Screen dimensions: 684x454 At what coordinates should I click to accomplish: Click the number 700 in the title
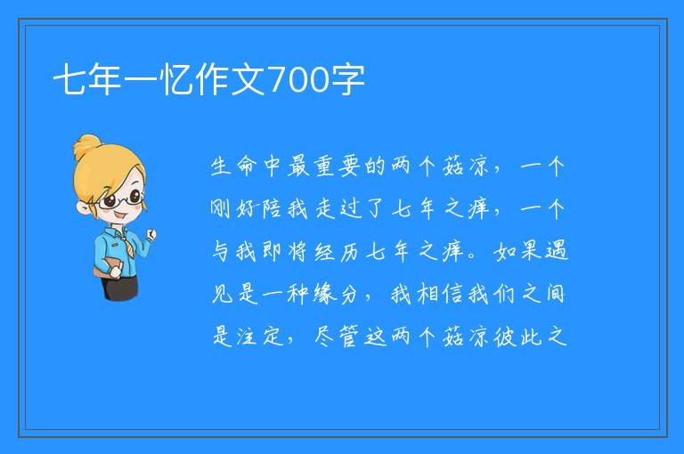[299, 80]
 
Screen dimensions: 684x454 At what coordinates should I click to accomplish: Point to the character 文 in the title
[248, 80]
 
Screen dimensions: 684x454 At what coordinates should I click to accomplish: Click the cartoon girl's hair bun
[87, 147]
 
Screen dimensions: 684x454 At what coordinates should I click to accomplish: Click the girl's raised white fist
[151, 234]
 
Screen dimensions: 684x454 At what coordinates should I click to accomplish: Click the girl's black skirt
[120, 288]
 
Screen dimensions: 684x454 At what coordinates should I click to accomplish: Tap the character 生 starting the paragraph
[221, 166]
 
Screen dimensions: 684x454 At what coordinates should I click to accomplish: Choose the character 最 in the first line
[299, 166]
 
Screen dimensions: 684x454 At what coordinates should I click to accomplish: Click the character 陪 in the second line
[273, 209]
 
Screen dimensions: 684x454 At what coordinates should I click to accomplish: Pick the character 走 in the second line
[324, 209]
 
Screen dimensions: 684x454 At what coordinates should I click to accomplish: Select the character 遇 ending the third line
[557, 252]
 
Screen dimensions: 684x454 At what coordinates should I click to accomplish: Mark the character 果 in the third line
[531, 252]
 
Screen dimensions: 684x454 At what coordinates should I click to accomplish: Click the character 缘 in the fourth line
[324, 294]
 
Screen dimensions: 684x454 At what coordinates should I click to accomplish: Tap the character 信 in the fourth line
[453, 294]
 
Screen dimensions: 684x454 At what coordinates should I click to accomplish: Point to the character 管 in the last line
[349, 336]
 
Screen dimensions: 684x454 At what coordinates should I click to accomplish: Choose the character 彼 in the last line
[505, 336]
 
